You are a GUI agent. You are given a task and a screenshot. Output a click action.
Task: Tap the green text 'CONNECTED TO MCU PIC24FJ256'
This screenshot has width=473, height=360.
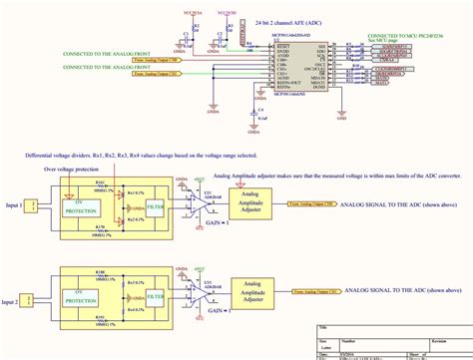click(411, 34)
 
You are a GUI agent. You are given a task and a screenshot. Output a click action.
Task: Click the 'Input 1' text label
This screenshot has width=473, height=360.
click(14, 177)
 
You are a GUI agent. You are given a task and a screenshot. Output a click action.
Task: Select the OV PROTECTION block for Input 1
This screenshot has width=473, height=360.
click(79, 181)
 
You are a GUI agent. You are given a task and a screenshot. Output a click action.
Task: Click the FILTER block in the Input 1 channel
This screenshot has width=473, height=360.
click(155, 181)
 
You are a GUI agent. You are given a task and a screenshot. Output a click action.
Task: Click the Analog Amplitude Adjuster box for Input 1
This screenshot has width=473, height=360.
click(254, 175)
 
